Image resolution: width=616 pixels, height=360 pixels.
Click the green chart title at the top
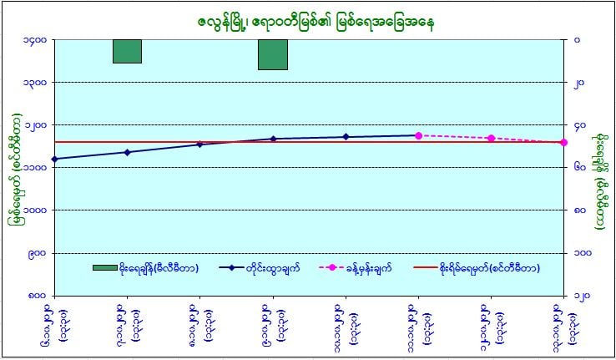(x=307, y=18)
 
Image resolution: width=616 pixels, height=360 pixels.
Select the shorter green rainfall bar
(x=127, y=51)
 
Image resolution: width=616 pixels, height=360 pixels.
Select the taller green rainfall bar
(x=273, y=54)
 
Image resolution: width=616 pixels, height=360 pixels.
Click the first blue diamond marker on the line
(x=54, y=159)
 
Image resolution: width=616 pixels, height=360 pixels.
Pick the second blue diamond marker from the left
(x=127, y=152)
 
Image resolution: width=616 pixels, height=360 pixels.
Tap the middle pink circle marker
(x=491, y=138)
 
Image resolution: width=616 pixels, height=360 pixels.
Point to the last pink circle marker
(x=563, y=142)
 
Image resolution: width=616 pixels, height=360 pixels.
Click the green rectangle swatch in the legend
(x=105, y=268)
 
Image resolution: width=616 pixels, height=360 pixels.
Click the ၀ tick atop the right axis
(x=577, y=39)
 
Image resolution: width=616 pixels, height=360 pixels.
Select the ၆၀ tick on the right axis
(x=578, y=167)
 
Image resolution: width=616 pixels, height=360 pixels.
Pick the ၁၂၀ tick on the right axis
(x=580, y=295)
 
